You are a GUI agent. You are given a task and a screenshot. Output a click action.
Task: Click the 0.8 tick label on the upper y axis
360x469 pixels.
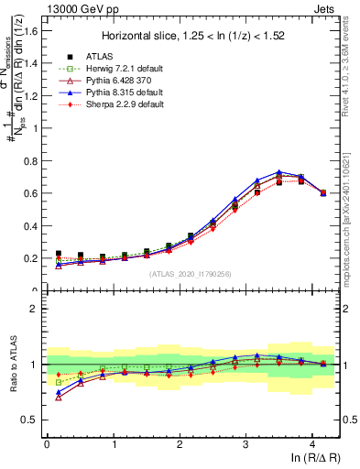[x=30, y=160]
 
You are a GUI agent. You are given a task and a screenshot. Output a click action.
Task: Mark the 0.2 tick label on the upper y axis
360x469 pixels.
[x=30, y=258]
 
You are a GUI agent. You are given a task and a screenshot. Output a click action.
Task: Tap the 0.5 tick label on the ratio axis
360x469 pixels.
[x=30, y=420]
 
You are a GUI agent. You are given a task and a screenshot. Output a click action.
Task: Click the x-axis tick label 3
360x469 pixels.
[x=245, y=443]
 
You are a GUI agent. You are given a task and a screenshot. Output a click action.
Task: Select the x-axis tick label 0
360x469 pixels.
[x=47, y=443]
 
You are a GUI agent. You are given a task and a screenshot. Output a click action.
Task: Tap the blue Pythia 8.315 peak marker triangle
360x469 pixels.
[x=279, y=171]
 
